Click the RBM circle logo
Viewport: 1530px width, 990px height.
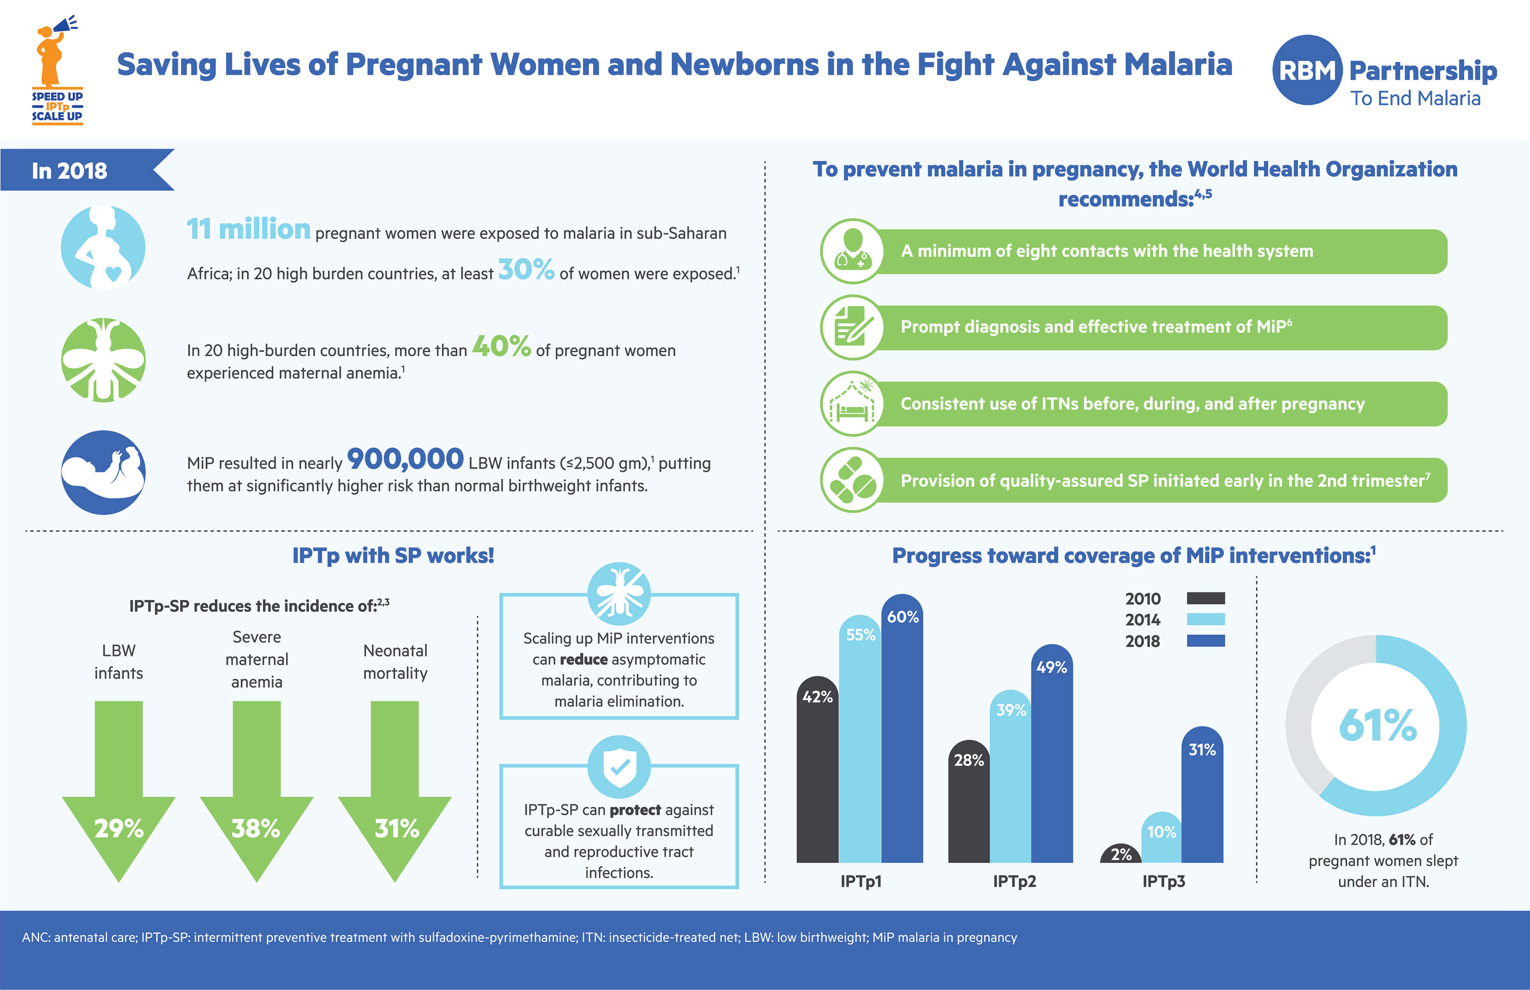pyautogui.click(x=1307, y=70)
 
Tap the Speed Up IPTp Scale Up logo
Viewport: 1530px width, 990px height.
pyautogui.click(x=57, y=71)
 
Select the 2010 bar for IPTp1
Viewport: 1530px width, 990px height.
pyautogui.click(x=817, y=771)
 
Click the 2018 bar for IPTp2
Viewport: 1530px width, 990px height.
pyautogui.click(x=1052, y=759)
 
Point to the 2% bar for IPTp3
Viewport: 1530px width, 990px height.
pyautogui.click(x=1120, y=855)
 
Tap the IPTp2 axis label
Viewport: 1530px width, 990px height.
pyautogui.click(x=1014, y=881)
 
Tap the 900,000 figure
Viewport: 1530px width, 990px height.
pyautogui.click(x=405, y=459)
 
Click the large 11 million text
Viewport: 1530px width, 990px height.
pyautogui.click(x=248, y=229)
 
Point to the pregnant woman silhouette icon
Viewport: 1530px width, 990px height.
pyautogui.click(x=104, y=247)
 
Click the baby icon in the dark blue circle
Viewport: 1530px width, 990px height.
pyautogui.click(x=104, y=472)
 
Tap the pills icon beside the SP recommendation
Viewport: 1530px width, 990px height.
pyautogui.click(x=852, y=480)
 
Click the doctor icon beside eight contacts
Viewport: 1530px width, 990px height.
pyautogui.click(x=852, y=251)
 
